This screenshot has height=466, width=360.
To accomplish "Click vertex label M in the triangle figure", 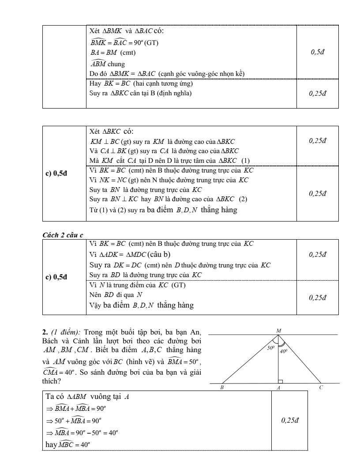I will [278, 330].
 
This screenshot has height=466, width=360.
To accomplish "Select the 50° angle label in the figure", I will [270, 348].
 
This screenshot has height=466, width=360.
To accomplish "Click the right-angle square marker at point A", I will [280, 381].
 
